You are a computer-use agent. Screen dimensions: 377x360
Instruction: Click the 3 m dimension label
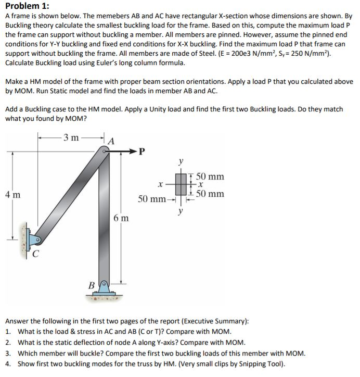70,138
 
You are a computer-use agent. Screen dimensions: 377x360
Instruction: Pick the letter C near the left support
36,254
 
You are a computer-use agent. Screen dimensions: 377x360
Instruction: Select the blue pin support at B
105,286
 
